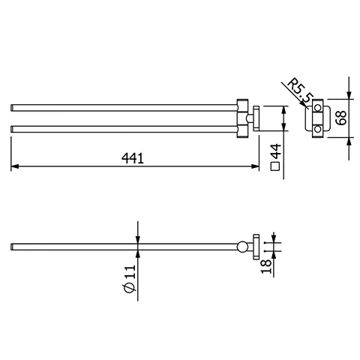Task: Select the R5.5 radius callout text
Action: coord(301,91)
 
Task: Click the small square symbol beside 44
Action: coord(275,167)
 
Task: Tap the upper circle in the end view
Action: coord(317,109)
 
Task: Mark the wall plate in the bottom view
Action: coord(255,247)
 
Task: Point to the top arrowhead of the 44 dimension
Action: coord(283,105)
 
